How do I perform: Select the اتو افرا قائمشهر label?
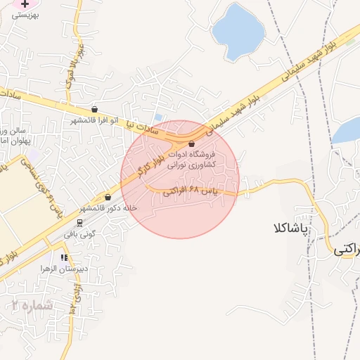click(94, 120)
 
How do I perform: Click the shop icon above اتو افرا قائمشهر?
click(94, 110)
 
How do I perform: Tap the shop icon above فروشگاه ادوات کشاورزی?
click(192, 143)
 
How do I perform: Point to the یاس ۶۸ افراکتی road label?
click(191, 191)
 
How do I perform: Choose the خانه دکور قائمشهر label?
click(108, 208)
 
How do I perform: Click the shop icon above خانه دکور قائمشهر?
click(108, 198)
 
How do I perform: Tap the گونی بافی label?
click(79, 234)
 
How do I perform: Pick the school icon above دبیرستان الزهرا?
click(65, 258)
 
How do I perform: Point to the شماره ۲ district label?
click(32, 305)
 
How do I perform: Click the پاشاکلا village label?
click(288, 229)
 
